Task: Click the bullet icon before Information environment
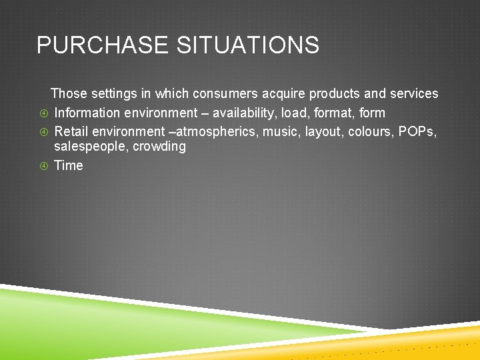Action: point(43,113)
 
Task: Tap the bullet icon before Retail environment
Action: point(43,131)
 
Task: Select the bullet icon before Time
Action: point(43,166)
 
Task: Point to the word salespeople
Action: point(91,147)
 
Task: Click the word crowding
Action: point(159,147)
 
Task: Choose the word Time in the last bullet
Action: point(69,165)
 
